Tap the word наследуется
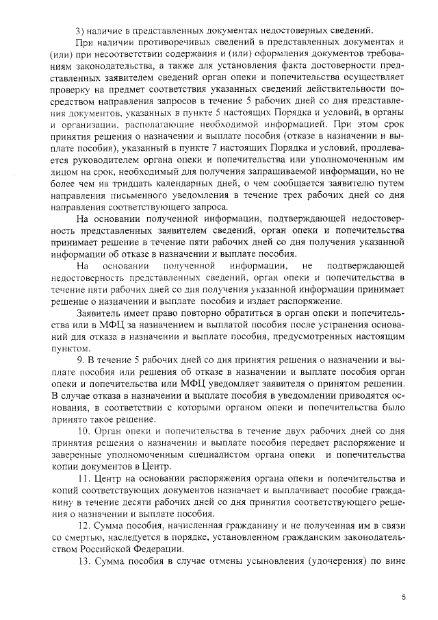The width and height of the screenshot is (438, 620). tap(142, 536)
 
